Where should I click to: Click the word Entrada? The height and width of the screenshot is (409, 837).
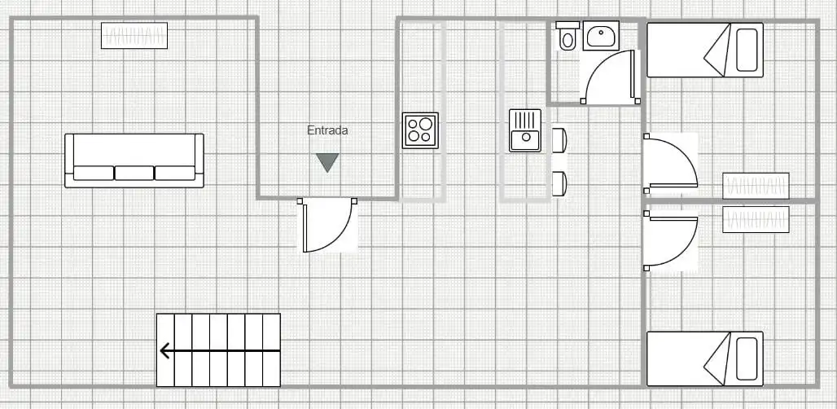pyautogui.click(x=327, y=130)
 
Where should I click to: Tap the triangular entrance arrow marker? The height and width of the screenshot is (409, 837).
pyautogui.click(x=327, y=162)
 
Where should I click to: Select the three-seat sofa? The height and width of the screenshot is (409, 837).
pyautogui.click(x=134, y=161)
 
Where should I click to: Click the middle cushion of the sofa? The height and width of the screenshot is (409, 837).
pyautogui.click(x=134, y=173)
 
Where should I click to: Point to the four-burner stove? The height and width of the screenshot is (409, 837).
pyautogui.click(x=420, y=130)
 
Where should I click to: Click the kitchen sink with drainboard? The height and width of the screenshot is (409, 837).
pyautogui.click(x=524, y=130)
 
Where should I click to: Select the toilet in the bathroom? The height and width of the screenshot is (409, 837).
pyautogui.click(x=567, y=36)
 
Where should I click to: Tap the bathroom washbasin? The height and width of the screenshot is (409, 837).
pyautogui.click(x=601, y=36)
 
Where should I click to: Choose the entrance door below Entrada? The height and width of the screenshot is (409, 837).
pyautogui.click(x=327, y=225)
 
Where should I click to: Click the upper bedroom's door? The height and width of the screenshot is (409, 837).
pyautogui.click(x=670, y=164)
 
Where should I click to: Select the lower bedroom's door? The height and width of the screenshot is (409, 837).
pyautogui.click(x=670, y=240)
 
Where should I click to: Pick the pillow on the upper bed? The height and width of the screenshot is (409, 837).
pyautogui.click(x=747, y=50)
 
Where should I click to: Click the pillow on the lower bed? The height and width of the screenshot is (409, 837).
pyautogui.click(x=747, y=358)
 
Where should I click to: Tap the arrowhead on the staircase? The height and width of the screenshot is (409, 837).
pyautogui.click(x=165, y=351)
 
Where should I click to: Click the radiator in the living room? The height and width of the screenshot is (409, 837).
pyautogui.click(x=134, y=35)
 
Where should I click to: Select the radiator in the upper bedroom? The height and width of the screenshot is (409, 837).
pyautogui.click(x=756, y=186)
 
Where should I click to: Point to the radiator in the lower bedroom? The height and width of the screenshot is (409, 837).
pyautogui.click(x=756, y=219)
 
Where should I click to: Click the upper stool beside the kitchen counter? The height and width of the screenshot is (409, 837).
pyautogui.click(x=559, y=140)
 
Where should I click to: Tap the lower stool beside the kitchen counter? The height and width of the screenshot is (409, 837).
pyautogui.click(x=559, y=183)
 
